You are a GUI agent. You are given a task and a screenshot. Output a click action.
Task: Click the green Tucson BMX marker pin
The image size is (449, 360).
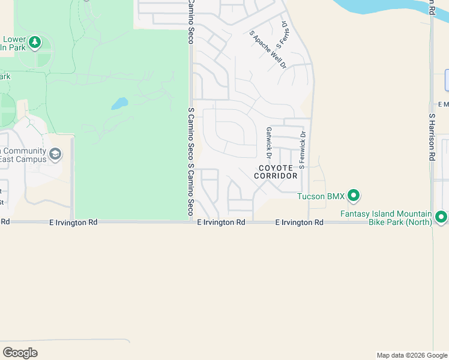tap(354, 196)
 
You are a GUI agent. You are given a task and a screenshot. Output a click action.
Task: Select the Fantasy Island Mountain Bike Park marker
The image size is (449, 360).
tap(442, 217)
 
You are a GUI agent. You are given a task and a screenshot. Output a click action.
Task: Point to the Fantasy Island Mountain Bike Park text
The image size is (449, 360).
tap(386, 218)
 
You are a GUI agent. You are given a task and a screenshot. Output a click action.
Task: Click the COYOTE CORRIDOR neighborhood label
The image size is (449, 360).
tap(276, 172)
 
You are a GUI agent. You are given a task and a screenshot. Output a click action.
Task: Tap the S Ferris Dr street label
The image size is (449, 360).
tap(281, 36)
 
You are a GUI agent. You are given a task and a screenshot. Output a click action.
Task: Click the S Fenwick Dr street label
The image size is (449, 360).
tap(303, 150)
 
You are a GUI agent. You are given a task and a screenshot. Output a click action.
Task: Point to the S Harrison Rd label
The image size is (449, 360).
tap(432, 137)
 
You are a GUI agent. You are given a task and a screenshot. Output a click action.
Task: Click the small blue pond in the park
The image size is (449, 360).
tap(119, 104)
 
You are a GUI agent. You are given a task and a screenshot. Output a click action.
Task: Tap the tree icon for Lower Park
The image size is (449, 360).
tap(35, 41)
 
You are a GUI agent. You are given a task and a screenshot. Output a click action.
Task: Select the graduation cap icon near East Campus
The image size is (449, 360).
tap(55, 154)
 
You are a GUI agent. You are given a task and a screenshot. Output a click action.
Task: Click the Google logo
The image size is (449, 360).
tap(20, 353)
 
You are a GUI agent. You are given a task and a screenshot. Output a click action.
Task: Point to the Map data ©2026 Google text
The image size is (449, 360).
tap(411, 355)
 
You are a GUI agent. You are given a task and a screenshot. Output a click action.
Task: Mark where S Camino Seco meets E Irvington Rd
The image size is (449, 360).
tap(191, 222)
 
